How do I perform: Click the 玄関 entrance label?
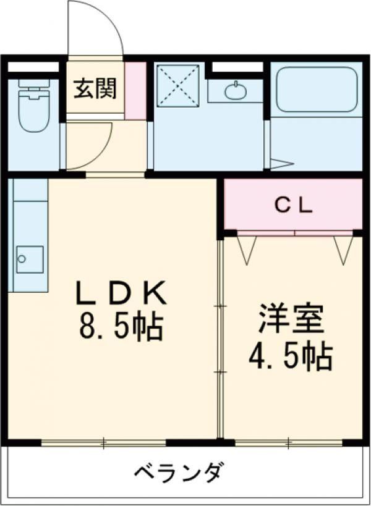point(95,88)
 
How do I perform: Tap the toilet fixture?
point(34,106)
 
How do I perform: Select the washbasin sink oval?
point(236,91)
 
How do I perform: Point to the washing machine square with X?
point(178,85)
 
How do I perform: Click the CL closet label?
point(293,206)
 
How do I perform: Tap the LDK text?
point(121,293)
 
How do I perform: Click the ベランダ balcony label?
point(179,473)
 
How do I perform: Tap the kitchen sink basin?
point(30,259)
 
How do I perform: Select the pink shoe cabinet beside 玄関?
point(135,91)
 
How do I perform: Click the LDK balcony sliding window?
point(104,443)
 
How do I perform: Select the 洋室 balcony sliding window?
point(289,443)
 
